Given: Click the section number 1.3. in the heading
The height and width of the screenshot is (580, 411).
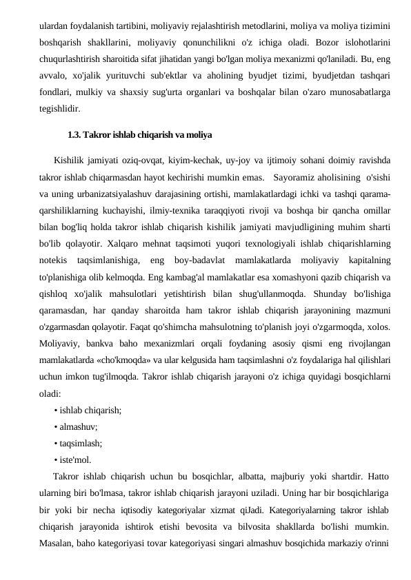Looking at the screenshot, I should pos(76,134).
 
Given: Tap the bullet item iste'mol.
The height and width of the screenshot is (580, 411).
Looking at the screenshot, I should pos(75,460).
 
